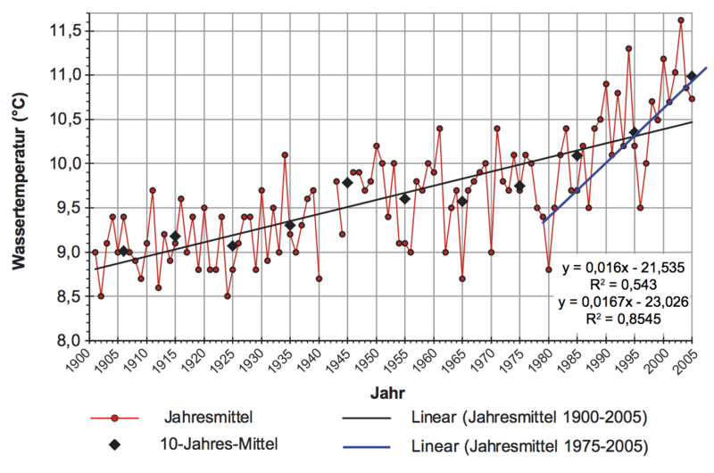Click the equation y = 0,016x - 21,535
pyautogui.click(x=621, y=267)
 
